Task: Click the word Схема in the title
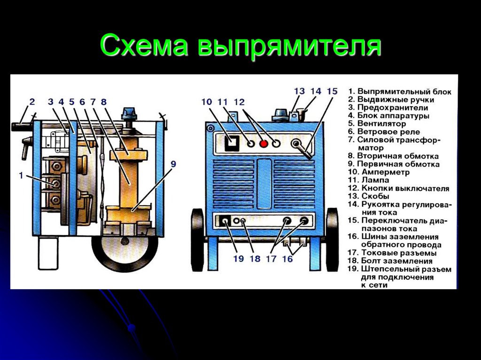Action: (x=144, y=45)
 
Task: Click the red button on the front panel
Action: (x=264, y=143)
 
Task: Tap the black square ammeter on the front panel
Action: (x=232, y=143)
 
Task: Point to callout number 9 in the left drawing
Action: (x=173, y=164)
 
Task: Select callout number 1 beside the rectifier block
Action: (x=21, y=176)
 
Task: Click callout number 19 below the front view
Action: (x=238, y=259)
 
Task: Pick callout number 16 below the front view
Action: (x=287, y=259)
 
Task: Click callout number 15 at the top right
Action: (x=332, y=91)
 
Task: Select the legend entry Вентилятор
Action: (x=381, y=123)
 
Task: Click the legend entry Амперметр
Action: (x=385, y=172)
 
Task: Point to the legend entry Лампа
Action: (x=375, y=180)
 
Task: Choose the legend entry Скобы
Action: (x=375, y=196)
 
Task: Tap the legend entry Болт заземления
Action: (x=396, y=261)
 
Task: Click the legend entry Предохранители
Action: (x=392, y=107)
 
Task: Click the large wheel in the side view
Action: (x=125, y=250)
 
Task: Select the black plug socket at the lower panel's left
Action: (x=225, y=221)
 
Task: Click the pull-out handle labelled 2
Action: (x=22, y=127)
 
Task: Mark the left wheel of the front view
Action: (x=197, y=239)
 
